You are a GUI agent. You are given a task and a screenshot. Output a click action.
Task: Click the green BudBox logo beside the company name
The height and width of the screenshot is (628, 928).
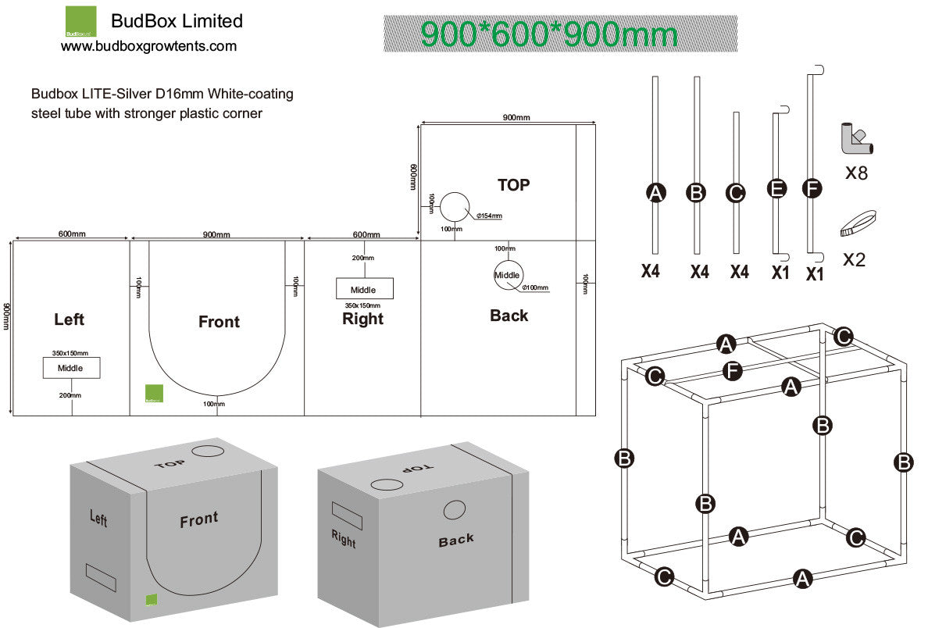coord(80,22)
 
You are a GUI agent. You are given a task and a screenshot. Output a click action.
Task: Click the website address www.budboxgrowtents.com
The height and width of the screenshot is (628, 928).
coord(148,47)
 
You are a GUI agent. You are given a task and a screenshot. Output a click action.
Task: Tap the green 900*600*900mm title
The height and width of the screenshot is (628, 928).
coord(549,35)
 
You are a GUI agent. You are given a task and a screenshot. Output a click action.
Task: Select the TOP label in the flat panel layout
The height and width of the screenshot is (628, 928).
coord(513,185)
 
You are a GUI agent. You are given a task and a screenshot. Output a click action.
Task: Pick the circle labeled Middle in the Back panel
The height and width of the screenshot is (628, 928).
coord(508,274)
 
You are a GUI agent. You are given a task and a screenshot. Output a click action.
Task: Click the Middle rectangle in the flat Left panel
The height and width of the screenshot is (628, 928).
coord(71,367)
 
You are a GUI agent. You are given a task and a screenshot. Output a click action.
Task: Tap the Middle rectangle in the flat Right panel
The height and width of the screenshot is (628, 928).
coord(364,289)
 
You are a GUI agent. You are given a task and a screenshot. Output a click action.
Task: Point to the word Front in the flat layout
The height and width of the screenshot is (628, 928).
coord(219,322)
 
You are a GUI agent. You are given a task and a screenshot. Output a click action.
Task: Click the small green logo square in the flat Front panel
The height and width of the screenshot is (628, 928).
coord(154,394)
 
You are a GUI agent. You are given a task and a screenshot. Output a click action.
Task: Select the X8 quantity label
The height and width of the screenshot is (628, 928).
coord(856,173)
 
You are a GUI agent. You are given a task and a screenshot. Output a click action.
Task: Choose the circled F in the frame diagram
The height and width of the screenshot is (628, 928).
coord(731,371)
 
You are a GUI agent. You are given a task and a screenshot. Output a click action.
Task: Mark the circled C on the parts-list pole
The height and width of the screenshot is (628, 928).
coord(735,192)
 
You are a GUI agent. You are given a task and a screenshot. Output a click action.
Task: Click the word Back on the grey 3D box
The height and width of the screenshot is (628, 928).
coord(455,540)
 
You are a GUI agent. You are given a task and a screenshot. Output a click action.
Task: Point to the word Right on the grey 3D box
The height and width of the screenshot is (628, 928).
coord(343,538)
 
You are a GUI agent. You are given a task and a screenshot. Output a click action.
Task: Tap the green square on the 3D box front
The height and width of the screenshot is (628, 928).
coord(151,599)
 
